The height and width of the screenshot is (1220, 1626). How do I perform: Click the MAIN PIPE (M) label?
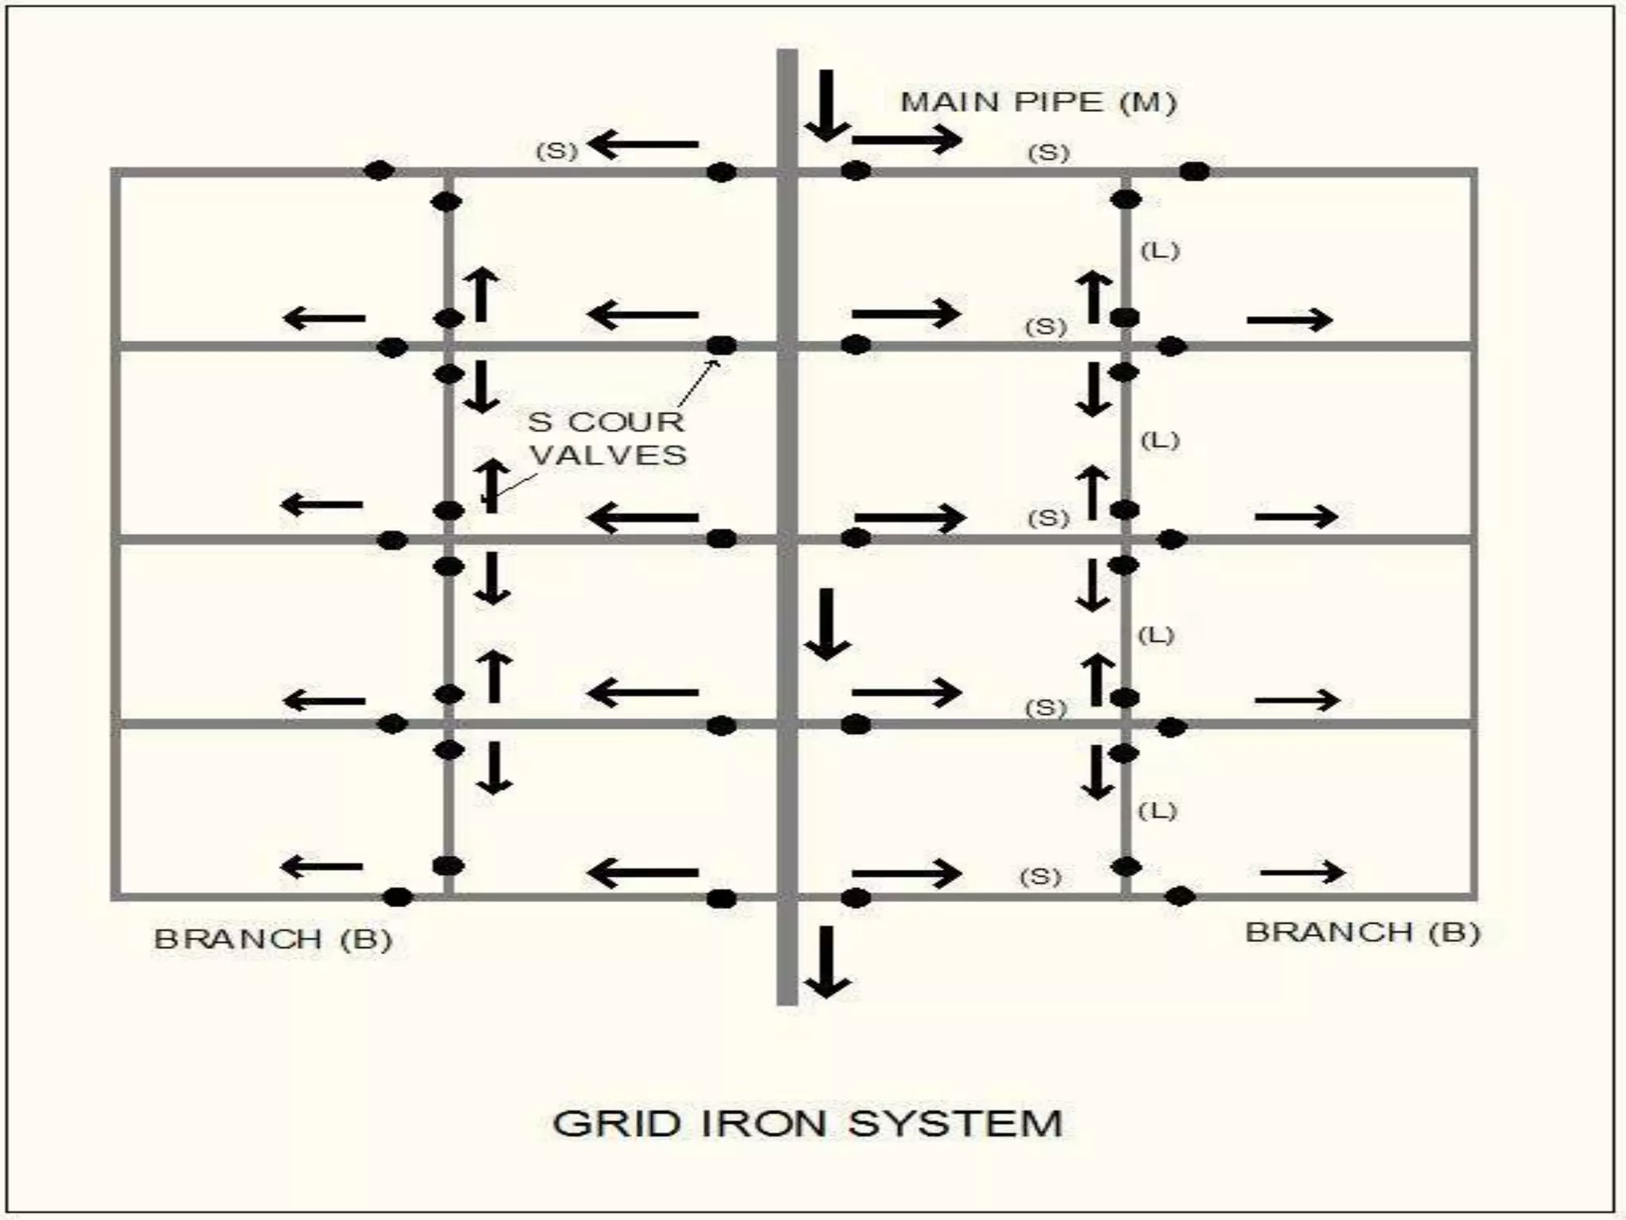(1038, 102)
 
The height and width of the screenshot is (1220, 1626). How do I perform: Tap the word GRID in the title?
(615, 1123)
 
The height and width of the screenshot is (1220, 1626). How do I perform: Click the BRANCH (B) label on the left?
(273, 940)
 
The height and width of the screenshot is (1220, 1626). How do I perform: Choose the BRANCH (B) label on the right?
(1362, 932)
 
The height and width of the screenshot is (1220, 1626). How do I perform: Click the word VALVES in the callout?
(608, 455)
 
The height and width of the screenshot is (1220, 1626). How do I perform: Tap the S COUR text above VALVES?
(606, 422)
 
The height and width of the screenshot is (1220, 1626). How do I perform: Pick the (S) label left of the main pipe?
(557, 151)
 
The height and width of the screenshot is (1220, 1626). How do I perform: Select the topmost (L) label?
(1160, 251)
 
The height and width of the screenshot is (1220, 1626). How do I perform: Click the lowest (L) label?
(1157, 811)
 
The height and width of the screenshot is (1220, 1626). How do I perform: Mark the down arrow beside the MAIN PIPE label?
(826, 106)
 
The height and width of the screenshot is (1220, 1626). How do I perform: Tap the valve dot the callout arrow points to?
(721, 346)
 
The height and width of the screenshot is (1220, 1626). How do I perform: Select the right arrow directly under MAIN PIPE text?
(907, 141)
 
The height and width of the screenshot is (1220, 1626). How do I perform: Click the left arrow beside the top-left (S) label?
(643, 145)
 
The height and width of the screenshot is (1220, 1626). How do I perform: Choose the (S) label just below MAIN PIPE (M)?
(1049, 152)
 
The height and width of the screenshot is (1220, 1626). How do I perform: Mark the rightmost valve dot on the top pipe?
(1195, 171)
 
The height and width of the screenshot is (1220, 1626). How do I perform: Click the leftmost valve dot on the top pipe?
(379, 169)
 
